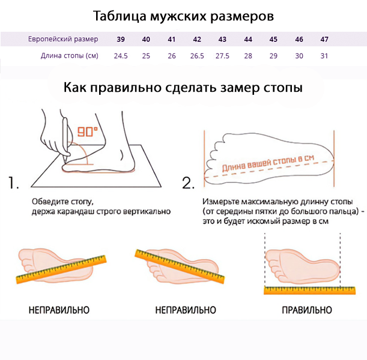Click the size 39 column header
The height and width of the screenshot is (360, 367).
pos(121,40)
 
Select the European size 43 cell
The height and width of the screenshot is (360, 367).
pos(222,40)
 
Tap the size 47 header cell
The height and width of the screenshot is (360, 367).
pos(324,40)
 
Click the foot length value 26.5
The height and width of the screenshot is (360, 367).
pos(197,56)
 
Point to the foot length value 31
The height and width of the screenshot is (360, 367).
pos(324,56)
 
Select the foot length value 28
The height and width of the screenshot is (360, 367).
pos(248,56)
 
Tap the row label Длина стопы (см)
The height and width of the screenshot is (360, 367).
pos(69,56)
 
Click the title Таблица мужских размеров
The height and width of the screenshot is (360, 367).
pos(184,16)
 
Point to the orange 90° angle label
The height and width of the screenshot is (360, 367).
pos(87,132)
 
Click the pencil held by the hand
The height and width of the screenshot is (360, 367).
pos(64,135)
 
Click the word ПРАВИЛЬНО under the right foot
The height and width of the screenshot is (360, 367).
pos(306,310)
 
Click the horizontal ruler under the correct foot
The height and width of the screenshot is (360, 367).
pos(306,290)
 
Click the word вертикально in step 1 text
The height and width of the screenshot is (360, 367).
pos(145,211)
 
